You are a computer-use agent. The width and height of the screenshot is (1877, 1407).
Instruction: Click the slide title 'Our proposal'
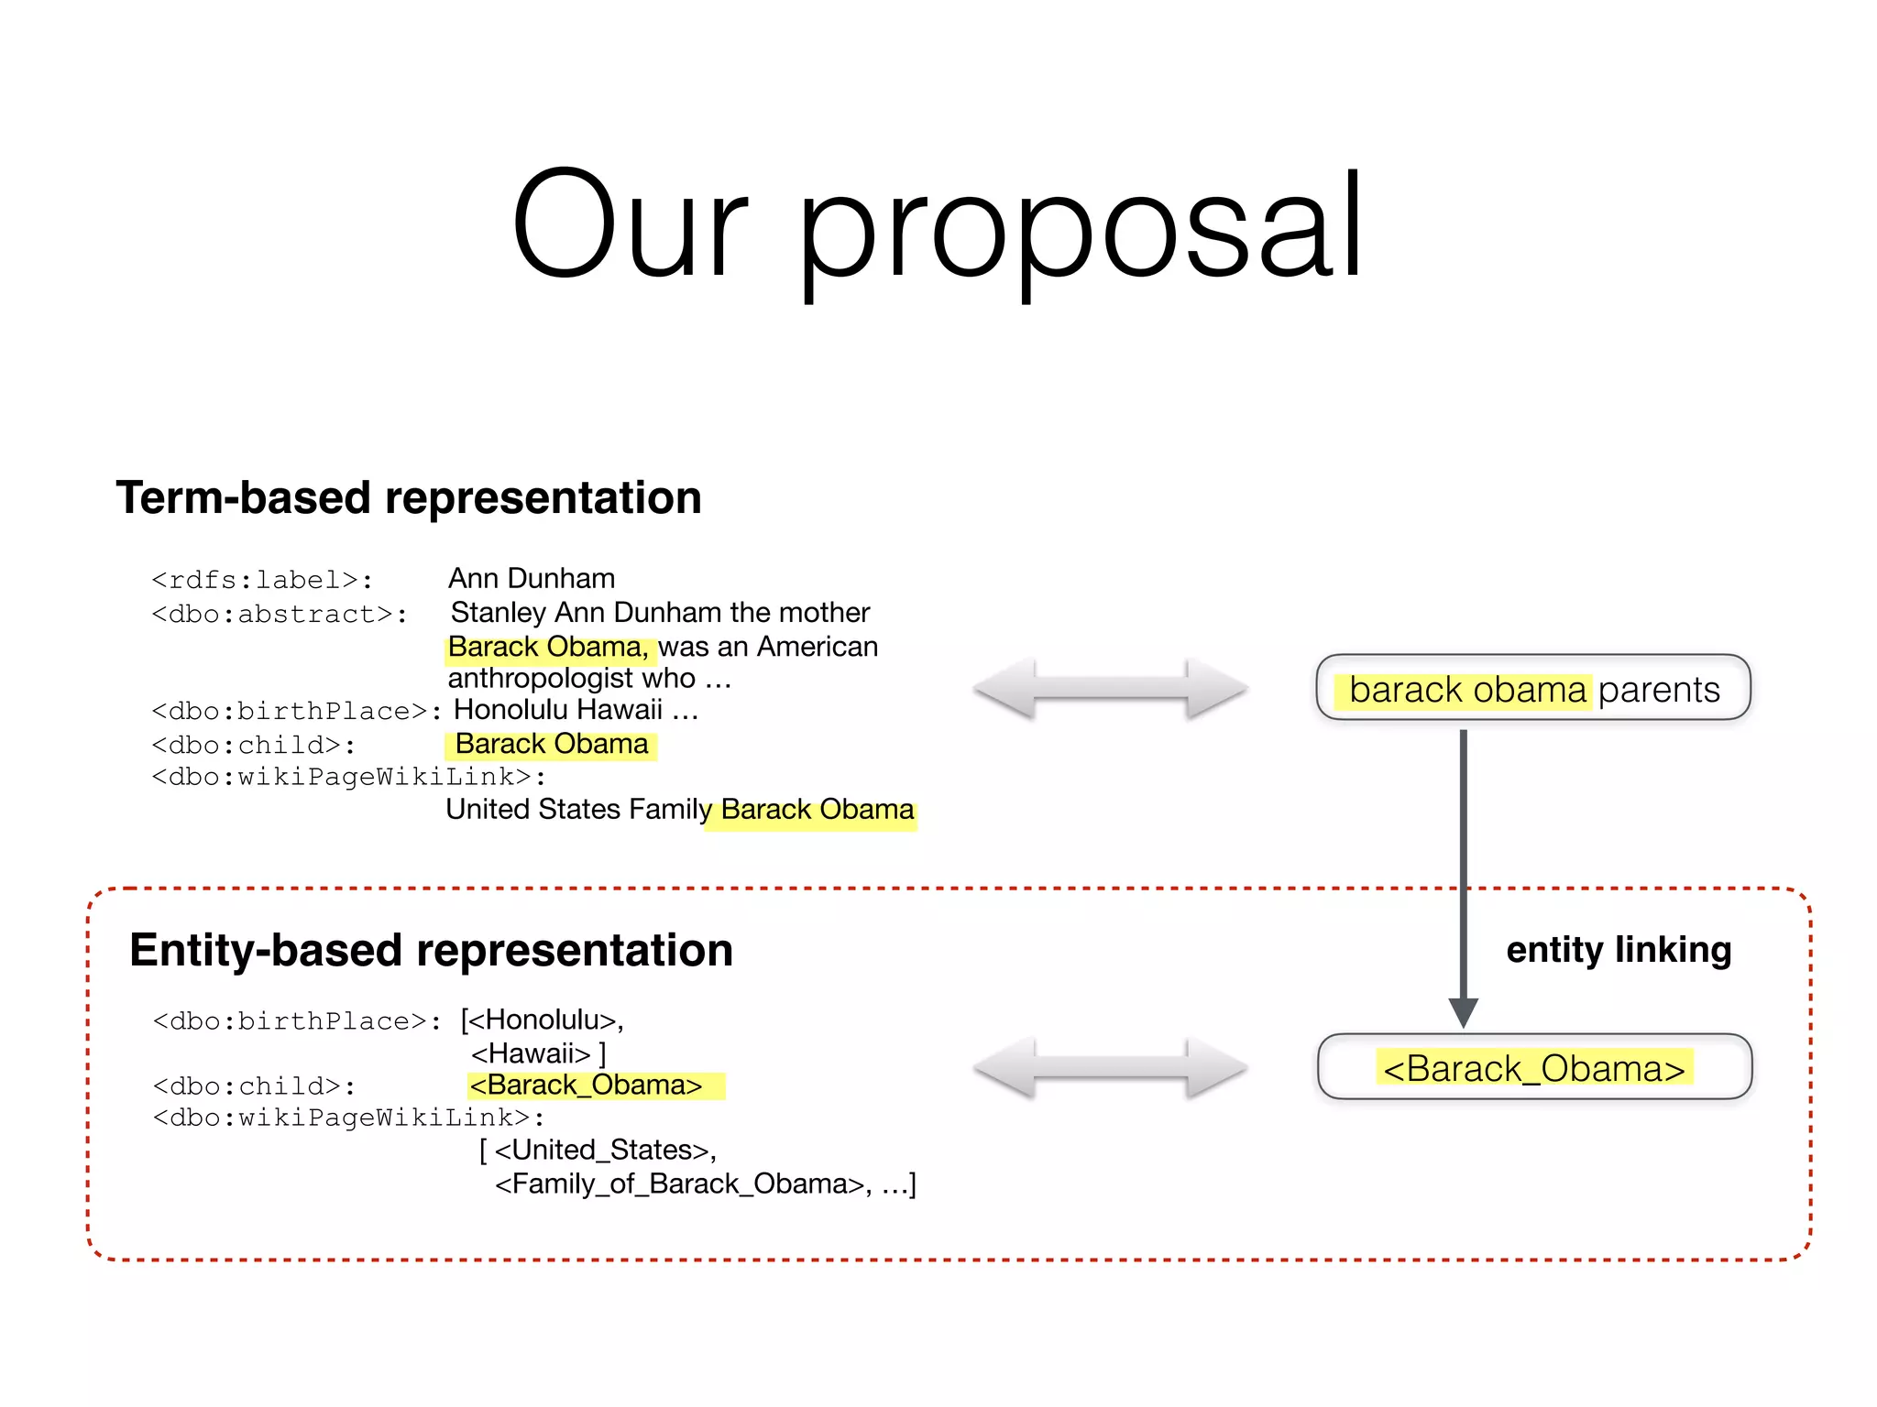(937, 224)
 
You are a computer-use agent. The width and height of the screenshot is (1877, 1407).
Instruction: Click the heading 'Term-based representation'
(409, 498)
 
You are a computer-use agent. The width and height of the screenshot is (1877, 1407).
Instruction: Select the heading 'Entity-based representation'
(431, 950)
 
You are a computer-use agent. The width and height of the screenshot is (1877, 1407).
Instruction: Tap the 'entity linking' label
(1619, 950)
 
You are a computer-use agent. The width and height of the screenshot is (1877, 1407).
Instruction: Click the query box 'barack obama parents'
(1532, 689)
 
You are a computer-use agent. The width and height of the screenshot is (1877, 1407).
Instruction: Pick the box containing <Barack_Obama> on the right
(1534, 1068)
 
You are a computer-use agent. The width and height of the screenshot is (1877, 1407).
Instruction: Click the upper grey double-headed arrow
(1110, 689)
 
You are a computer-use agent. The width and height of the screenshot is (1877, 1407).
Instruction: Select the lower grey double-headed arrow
(1110, 1068)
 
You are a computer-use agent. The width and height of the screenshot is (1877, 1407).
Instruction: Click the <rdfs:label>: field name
(262, 581)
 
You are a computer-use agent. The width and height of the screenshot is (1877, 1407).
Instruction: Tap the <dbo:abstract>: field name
(280, 615)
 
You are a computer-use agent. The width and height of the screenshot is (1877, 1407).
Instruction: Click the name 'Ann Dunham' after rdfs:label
(532, 579)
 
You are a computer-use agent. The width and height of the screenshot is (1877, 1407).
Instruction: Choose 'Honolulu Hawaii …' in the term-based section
(576, 710)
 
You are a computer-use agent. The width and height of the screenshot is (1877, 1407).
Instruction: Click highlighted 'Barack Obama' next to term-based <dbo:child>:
(552, 744)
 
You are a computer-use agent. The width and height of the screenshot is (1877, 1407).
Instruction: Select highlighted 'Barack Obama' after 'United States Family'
(817, 811)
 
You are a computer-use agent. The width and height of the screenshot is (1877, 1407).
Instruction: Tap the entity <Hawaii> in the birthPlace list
(531, 1053)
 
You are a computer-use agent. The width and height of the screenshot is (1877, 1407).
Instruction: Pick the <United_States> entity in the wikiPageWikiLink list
(606, 1151)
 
